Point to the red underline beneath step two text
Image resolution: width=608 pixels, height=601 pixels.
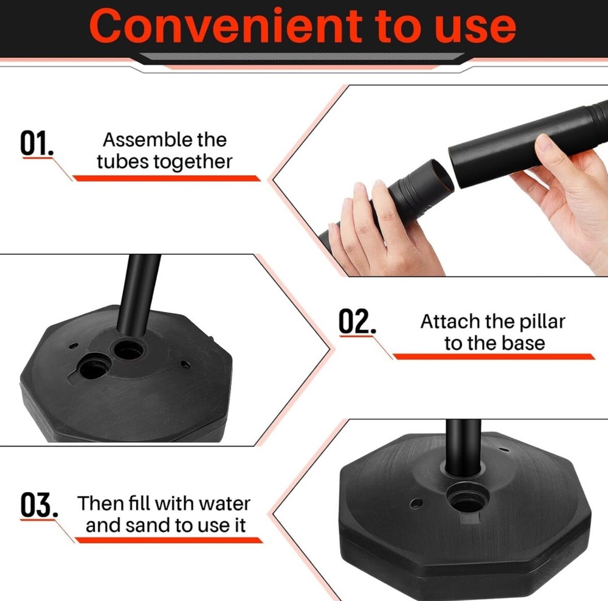point(492,356)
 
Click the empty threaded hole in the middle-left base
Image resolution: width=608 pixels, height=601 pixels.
point(95,367)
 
